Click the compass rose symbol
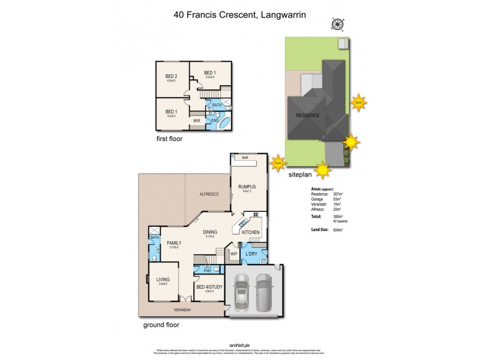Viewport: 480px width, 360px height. click(337, 25)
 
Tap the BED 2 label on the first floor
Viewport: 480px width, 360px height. click(172, 76)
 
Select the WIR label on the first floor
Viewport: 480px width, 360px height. click(196, 121)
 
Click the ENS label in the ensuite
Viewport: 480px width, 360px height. click(215, 121)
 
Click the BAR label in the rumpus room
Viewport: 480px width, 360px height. click(245, 157)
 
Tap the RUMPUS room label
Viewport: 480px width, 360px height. click(247, 187)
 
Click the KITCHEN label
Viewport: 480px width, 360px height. click(250, 232)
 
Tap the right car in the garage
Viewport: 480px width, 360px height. click(265, 292)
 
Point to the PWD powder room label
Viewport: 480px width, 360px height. click(207, 271)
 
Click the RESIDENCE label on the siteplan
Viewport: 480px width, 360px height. click(307, 115)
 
